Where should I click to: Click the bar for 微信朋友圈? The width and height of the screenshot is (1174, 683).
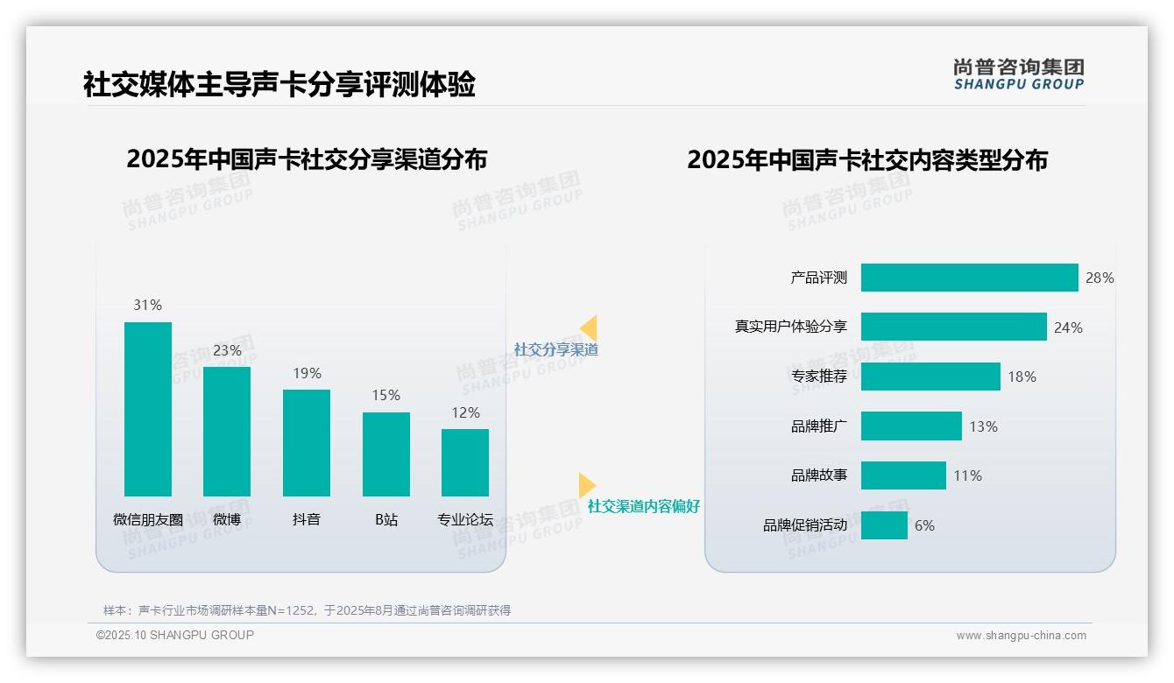[148, 409]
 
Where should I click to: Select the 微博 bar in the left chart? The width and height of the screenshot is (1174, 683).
[227, 431]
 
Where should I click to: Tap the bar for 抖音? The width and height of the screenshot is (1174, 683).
[307, 442]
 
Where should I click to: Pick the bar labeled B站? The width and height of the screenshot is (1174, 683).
[386, 454]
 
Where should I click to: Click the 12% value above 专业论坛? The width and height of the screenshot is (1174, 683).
[465, 412]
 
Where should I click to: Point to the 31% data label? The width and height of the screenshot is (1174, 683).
[148, 305]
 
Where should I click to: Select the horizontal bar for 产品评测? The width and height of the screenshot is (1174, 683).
[969, 278]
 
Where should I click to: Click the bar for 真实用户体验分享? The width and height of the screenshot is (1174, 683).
[953, 327]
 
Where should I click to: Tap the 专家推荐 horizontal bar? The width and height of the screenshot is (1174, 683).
[930, 377]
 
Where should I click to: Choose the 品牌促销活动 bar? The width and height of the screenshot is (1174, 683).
[884, 525]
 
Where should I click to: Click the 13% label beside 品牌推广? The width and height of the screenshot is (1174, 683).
[983, 426]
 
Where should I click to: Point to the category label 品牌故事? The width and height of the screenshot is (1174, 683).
[818, 475]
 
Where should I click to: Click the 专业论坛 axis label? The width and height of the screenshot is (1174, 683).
[465, 519]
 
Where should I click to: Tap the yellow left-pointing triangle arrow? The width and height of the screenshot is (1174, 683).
[588, 328]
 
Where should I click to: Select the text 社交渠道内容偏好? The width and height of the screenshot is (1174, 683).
[643, 506]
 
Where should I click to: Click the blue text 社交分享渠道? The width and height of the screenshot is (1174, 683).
[555, 349]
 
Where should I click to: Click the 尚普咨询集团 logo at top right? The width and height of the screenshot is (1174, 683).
[1018, 74]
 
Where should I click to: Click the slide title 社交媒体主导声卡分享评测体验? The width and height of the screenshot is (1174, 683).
[279, 85]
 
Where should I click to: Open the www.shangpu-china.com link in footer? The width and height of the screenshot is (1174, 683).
[1021, 636]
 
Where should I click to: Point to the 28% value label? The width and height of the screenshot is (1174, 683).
[1100, 278]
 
